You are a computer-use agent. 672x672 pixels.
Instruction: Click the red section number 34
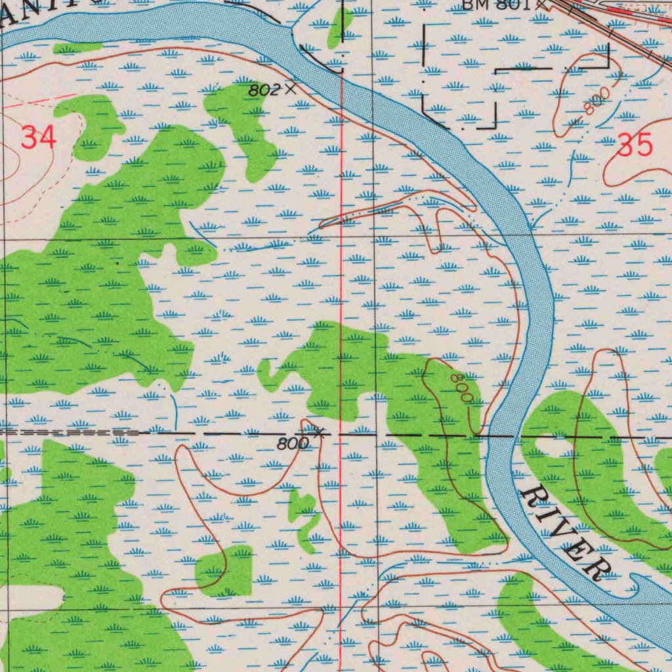point(39,138)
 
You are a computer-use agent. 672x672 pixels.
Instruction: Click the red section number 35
point(635,144)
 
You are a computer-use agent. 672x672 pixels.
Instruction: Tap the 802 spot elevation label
point(264,91)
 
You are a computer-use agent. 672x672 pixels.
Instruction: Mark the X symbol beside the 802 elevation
point(290,88)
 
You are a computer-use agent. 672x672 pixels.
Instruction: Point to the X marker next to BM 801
point(541,3)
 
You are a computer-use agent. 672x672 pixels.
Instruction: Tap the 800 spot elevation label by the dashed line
point(292,444)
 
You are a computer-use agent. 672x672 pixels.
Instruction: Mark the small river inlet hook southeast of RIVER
point(637,584)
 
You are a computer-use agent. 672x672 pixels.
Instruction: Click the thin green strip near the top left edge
point(77,48)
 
